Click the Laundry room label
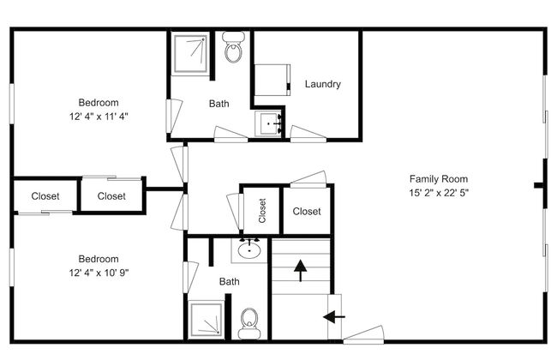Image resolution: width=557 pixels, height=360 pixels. click(322, 84)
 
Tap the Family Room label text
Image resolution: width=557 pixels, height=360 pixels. click(439, 179)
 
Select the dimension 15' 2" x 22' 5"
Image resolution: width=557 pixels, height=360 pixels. click(439, 193)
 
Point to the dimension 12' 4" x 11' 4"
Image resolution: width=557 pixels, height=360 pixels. click(99, 117)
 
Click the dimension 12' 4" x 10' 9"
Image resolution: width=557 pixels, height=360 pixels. click(99, 273)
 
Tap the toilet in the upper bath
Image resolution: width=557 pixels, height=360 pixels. click(233, 47)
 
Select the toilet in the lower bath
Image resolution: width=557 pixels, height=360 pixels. click(249, 323)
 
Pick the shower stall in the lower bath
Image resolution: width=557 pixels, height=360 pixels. click(206, 320)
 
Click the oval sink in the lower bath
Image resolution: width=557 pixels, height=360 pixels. click(249, 250)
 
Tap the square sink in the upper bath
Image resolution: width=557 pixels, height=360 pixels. click(269, 123)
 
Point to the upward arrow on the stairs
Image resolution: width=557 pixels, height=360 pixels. click(301, 271)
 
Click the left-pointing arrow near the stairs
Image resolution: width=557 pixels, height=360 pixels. click(334, 316)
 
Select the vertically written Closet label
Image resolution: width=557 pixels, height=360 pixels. click(262, 211)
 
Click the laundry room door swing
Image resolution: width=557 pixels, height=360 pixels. click(308, 135)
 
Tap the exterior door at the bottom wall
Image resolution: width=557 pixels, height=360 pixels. click(363, 335)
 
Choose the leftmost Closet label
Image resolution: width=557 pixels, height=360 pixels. click(45, 196)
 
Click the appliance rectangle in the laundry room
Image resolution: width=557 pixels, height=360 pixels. click(273, 80)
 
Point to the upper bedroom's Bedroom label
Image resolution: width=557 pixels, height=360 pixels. click(99, 103)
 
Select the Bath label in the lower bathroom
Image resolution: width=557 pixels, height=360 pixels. click(230, 282)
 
